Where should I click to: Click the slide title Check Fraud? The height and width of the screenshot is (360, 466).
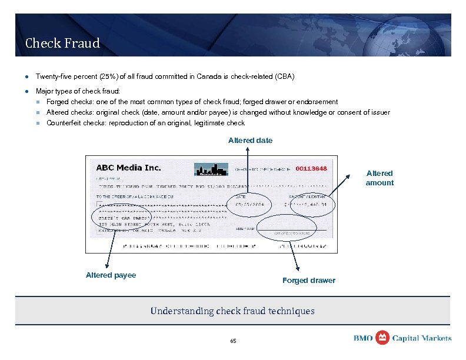pos(62,43)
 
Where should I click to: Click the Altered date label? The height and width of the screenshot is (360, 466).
pos(250,140)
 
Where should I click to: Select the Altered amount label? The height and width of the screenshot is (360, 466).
pos(380,178)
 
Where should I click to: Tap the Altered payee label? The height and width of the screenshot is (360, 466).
pos(111,275)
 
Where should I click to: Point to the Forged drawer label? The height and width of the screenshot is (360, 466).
pos(308,280)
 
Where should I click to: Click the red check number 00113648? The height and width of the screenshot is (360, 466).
pos(311,169)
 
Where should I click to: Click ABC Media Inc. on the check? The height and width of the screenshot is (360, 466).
pos(128,168)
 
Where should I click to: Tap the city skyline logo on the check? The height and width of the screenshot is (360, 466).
pos(211,169)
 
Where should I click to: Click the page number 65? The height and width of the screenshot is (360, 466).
pos(233,341)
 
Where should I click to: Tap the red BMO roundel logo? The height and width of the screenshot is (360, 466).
pos(382,338)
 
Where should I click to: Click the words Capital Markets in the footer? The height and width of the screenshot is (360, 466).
pos(422,338)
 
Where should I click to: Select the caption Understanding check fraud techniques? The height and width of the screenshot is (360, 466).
pos(232,311)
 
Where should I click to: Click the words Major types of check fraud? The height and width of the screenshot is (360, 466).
pos(78,91)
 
